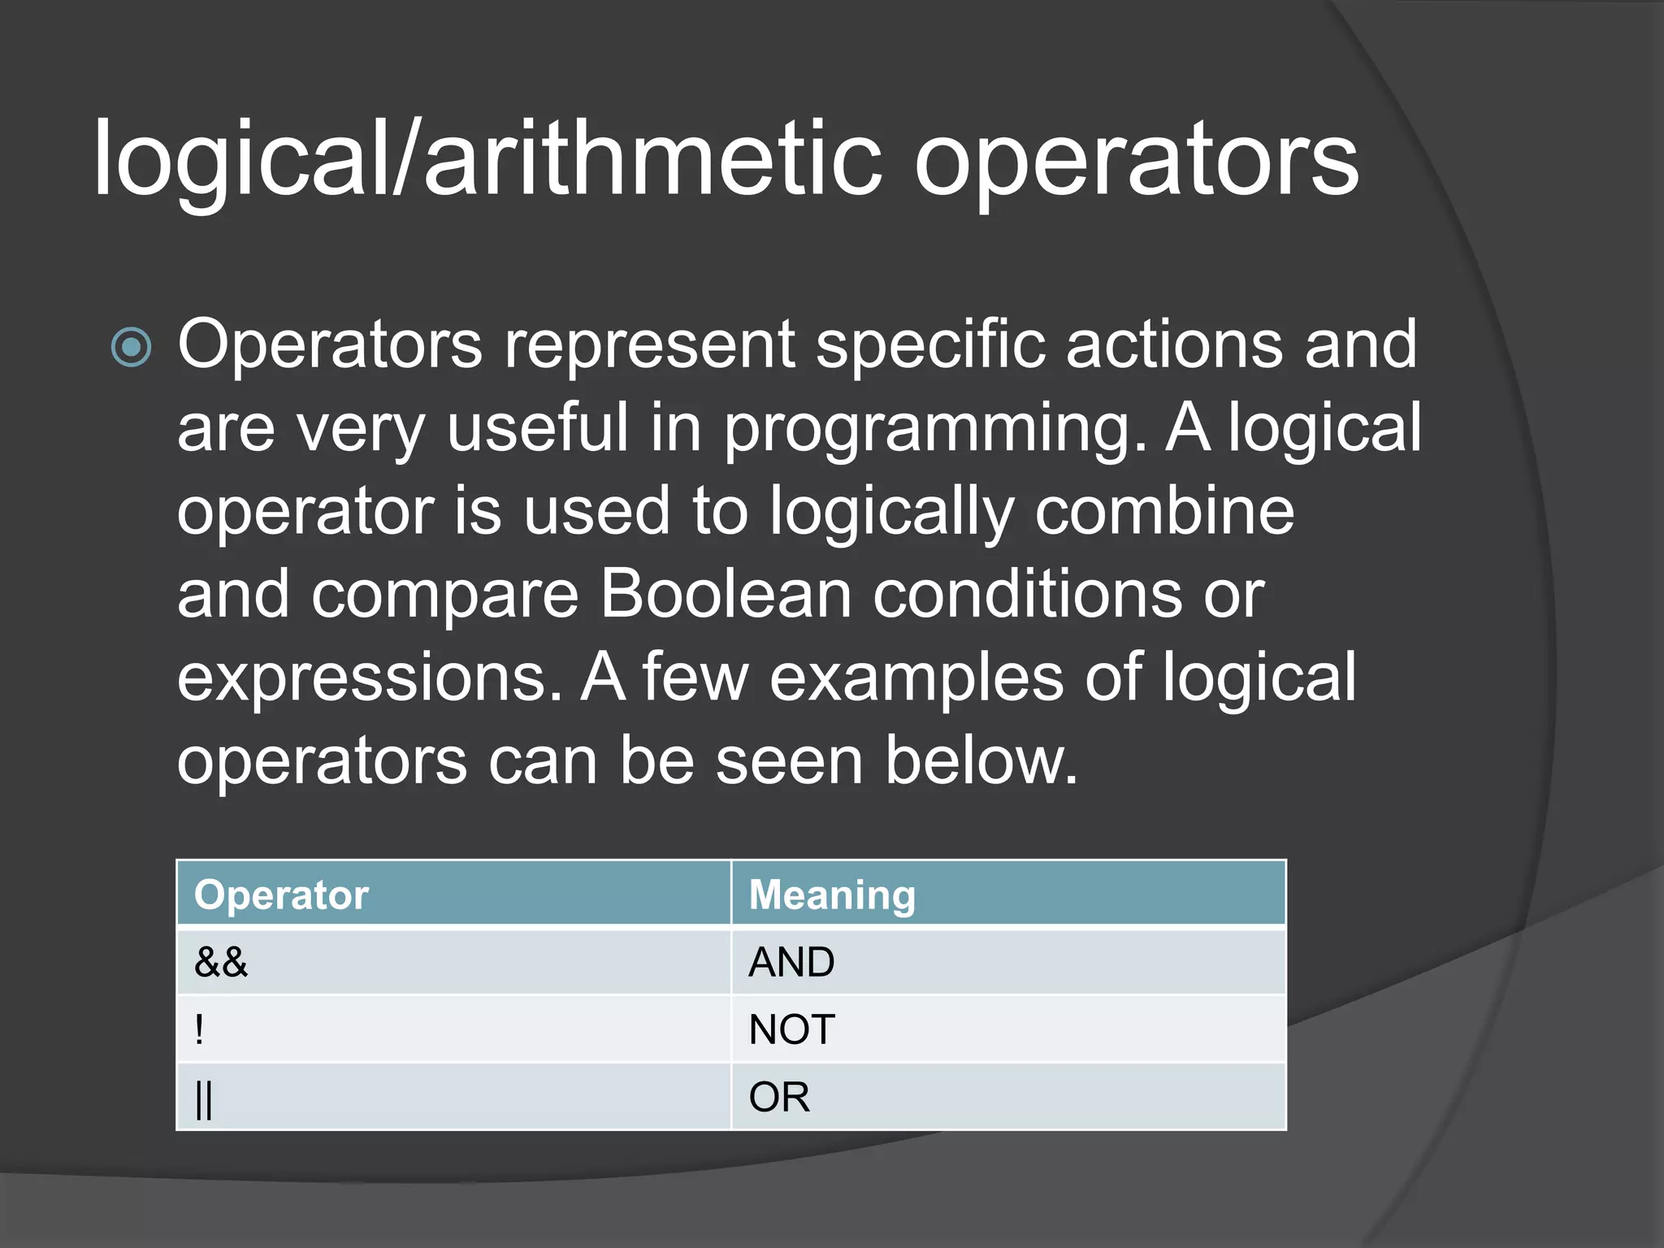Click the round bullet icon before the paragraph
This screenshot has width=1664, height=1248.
(131, 347)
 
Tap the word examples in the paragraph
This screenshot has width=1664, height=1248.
(916, 678)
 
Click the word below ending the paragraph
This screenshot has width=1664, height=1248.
(981, 760)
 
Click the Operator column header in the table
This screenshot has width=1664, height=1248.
(282, 895)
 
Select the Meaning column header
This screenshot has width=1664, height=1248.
(832, 895)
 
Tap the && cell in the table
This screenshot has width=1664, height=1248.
(221, 962)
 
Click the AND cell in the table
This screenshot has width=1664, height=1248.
(791, 962)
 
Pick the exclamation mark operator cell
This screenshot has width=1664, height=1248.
(200, 1029)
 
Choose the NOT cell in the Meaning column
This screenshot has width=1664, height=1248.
(791, 1029)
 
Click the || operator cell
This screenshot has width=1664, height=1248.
(204, 1098)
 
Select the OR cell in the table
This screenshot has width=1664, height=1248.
(779, 1098)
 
